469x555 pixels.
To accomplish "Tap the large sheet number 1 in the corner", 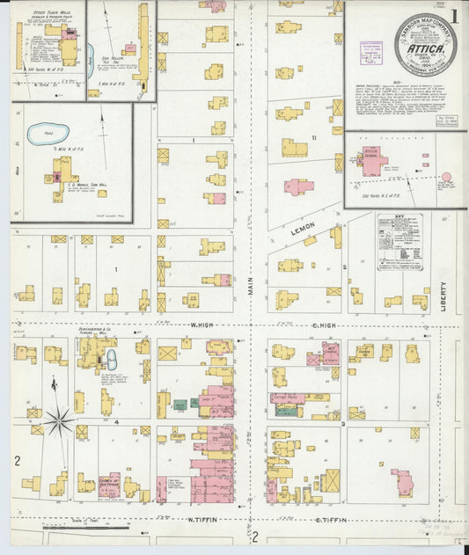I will pos(454,14).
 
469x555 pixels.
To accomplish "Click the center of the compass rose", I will pos(59,421).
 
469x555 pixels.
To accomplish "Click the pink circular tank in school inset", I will pos(446,178).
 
